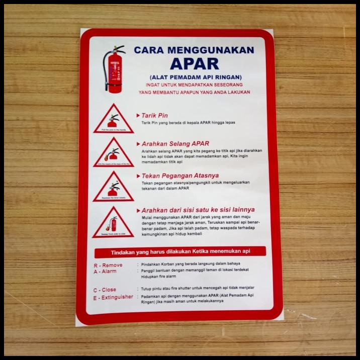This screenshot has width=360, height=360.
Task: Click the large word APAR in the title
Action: (194, 64)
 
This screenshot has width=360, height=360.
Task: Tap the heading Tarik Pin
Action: (154, 115)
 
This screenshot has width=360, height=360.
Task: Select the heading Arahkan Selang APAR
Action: (175, 143)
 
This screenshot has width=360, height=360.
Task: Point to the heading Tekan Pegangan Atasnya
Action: (179, 175)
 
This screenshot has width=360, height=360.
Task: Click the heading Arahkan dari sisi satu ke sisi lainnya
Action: (198, 210)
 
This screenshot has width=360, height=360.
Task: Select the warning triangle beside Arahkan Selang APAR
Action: (113, 153)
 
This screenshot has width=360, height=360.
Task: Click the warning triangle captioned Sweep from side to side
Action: (113, 224)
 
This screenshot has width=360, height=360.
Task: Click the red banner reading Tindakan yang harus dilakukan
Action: (180, 251)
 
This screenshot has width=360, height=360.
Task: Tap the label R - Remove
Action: (108, 265)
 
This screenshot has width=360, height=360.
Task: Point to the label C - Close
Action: (104, 290)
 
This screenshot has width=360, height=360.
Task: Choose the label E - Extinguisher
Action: (113, 297)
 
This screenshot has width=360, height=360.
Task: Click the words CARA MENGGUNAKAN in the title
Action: (194, 50)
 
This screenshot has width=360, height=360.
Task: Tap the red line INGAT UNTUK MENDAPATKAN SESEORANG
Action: (194, 84)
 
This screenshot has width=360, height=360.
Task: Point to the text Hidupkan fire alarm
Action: (158, 277)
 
